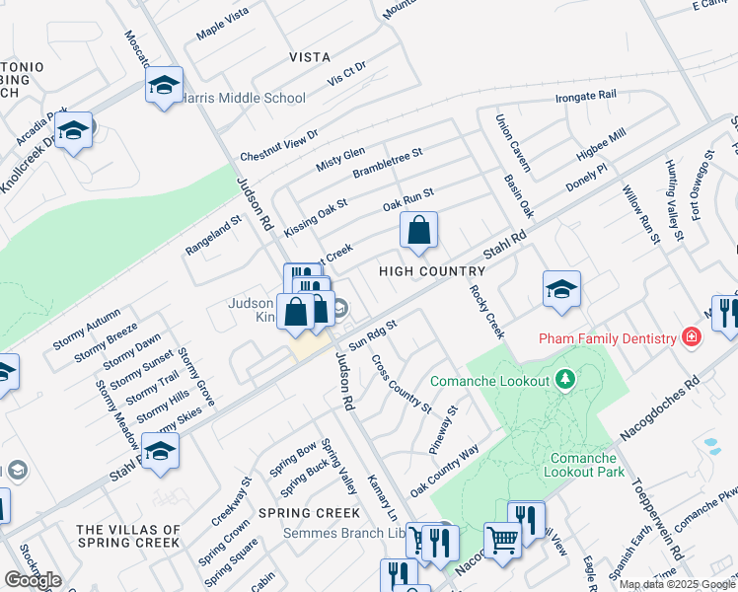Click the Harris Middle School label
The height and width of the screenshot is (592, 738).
[x=244, y=99]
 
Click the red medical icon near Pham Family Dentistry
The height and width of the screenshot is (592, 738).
[x=692, y=338]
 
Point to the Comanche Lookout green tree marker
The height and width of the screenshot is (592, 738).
[x=564, y=379]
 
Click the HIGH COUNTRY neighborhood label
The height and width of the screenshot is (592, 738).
[x=432, y=271]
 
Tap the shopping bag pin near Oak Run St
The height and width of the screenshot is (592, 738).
[x=418, y=232]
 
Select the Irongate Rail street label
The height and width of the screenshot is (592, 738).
[x=585, y=96]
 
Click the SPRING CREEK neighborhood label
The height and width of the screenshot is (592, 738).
[x=309, y=513]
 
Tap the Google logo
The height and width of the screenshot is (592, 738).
[x=33, y=580]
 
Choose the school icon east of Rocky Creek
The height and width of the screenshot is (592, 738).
[x=561, y=288]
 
